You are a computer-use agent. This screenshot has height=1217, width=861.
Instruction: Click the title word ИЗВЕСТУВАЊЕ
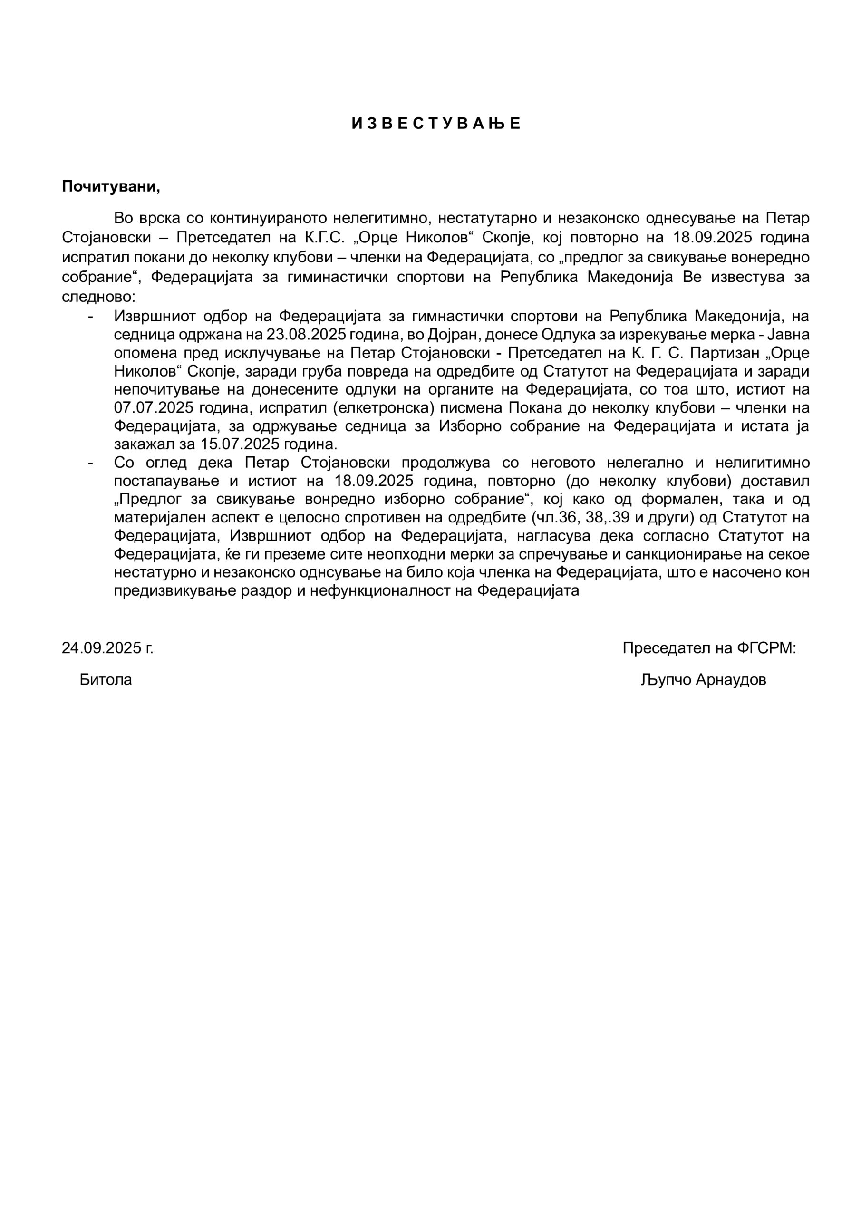pos(436,124)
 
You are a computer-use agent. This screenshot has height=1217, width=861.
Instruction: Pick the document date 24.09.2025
pos(107,648)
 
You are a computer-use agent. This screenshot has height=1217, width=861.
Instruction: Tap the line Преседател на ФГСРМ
pos(709,648)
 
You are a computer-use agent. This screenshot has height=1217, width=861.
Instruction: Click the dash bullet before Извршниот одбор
pos(91,317)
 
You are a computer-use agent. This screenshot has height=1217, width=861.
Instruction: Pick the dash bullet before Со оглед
pos(91,463)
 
